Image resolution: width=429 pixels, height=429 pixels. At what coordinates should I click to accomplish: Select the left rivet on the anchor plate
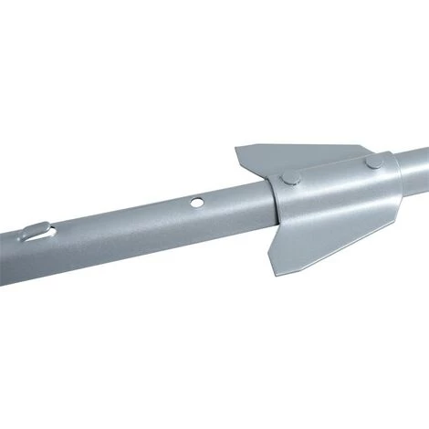point(289,179)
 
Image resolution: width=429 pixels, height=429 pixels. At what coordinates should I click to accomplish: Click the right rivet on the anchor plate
point(374,162)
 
